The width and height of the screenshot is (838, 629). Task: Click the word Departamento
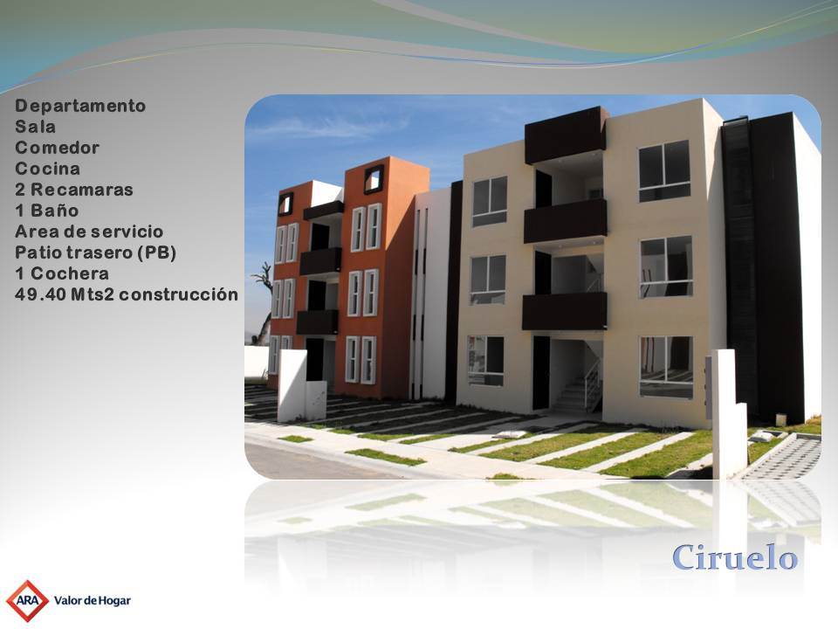80,106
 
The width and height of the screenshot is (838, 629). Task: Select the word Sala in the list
35,127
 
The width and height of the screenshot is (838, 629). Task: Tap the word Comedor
58,148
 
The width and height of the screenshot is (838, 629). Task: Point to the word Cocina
47,169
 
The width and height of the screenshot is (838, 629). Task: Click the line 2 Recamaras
74,190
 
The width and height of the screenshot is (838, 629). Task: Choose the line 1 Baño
47,211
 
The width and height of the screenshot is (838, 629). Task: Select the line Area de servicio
89,231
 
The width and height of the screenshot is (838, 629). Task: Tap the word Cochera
70,273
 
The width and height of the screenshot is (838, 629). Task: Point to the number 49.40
40,294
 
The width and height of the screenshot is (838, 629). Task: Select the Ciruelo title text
735,557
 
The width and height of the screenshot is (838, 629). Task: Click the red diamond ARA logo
27,601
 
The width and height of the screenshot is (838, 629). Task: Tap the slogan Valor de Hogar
93,601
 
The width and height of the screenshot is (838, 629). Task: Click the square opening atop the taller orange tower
374,178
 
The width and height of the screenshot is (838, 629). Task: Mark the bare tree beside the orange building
263,303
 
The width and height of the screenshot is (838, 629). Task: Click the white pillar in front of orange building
292,385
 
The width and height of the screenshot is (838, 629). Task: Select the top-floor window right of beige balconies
664,171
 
